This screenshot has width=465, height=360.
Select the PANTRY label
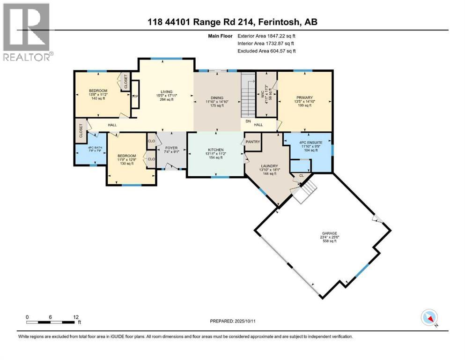(x=253, y=142)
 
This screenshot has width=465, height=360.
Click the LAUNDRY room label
(x=269, y=165)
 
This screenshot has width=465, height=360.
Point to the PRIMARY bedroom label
(x=304, y=97)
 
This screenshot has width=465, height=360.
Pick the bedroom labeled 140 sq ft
(x=98, y=90)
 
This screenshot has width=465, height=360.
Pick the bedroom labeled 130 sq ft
(x=126, y=156)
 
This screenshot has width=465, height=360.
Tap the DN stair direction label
(x=248, y=121)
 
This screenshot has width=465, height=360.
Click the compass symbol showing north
(x=429, y=318)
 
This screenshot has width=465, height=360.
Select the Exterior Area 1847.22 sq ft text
(x=266, y=36)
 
